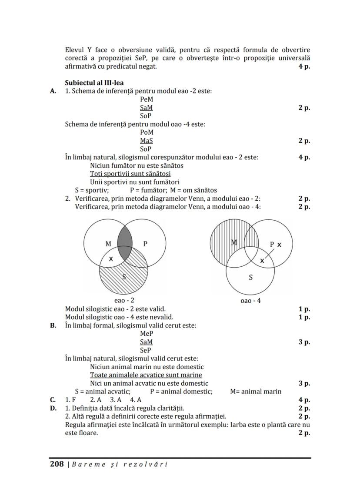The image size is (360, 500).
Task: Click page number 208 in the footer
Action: [x=57, y=464]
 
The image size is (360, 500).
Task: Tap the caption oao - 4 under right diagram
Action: [x=251, y=300]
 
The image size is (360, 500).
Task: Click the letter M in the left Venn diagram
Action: [x=108, y=244]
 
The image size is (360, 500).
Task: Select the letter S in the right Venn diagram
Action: [x=250, y=277]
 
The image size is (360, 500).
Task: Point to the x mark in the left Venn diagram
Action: [x=111, y=258]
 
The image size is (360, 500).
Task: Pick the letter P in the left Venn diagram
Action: [x=145, y=244]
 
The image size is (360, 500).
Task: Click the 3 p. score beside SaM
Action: [x=304, y=342]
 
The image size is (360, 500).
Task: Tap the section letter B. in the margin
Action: [x=53, y=325]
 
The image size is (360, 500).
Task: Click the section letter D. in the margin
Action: [x=53, y=408]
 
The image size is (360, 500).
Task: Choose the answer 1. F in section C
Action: [x=70, y=400]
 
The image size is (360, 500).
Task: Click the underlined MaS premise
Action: [x=146, y=141]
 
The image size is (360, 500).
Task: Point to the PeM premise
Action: [x=146, y=99]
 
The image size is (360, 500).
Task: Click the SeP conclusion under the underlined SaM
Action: [x=146, y=350]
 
